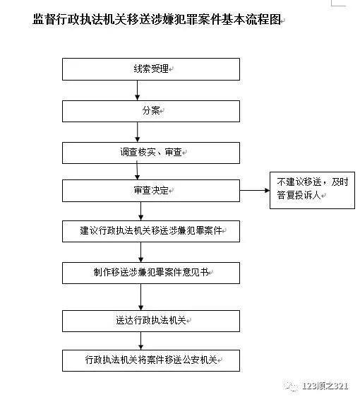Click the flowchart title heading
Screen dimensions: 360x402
coord(157,19)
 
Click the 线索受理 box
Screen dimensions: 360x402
coord(151,69)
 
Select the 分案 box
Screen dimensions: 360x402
coord(151,111)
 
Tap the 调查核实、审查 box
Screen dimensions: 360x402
coord(151,153)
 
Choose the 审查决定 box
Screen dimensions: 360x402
coord(151,191)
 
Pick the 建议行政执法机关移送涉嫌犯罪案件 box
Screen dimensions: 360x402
coord(151,231)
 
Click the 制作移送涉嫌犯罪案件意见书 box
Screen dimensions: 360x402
coord(151,273)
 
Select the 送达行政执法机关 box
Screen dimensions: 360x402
coord(151,321)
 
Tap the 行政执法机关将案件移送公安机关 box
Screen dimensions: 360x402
coord(151,360)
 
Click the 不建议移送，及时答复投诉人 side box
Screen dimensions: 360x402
coord(312,190)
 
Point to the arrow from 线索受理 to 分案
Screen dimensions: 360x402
coord(138,90)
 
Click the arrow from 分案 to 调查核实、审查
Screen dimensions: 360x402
coord(138,132)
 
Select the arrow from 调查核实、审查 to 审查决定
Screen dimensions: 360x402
coord(137,170)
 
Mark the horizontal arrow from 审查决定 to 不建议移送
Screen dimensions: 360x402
coord(255,190)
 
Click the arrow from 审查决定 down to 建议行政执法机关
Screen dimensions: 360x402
coord(140,211)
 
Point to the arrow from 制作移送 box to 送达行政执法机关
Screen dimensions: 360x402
coord(140,297)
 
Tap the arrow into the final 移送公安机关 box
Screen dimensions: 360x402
coord(140,341)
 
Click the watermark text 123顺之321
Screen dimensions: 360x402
coord(325,386)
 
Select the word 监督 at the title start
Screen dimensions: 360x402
coord(44,19)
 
